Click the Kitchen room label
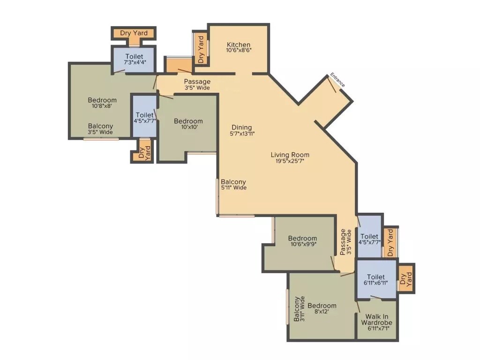coord(239,45)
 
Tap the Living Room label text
coord(290,155)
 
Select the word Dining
coord(241,127)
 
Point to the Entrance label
coord(337,80)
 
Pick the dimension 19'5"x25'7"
coord(290,162)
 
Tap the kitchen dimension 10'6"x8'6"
coord(239,51)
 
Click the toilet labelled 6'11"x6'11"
coord(376,280)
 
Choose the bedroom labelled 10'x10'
coord(188,125)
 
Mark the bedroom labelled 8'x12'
coord(322,309)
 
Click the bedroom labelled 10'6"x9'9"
coord(302,241)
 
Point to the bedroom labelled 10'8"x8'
coord(102,103)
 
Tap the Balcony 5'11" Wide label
coord(233,185)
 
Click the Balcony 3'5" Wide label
coord(100,129)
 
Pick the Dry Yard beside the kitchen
coord(201,49)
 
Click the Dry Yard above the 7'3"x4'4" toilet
coord(134,33)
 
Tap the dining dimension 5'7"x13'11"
coord(241,134)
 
